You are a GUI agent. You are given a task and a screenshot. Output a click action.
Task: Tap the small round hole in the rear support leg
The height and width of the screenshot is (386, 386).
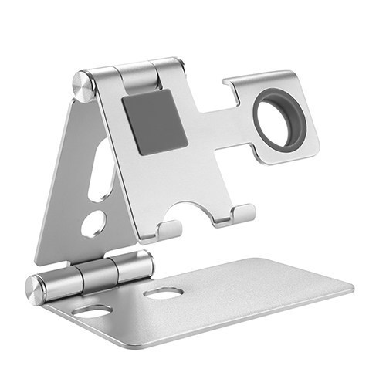tap(93, 223)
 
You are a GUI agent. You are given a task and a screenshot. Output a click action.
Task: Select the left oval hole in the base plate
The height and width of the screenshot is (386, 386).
tap(93, 310)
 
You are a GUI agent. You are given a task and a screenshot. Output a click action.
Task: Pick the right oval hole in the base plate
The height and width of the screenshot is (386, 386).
tap(163, 293)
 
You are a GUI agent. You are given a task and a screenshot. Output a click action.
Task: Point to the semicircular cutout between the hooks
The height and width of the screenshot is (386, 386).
tap(197, 210)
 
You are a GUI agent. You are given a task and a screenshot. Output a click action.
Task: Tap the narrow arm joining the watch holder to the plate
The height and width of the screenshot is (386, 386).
tap(232, 124)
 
